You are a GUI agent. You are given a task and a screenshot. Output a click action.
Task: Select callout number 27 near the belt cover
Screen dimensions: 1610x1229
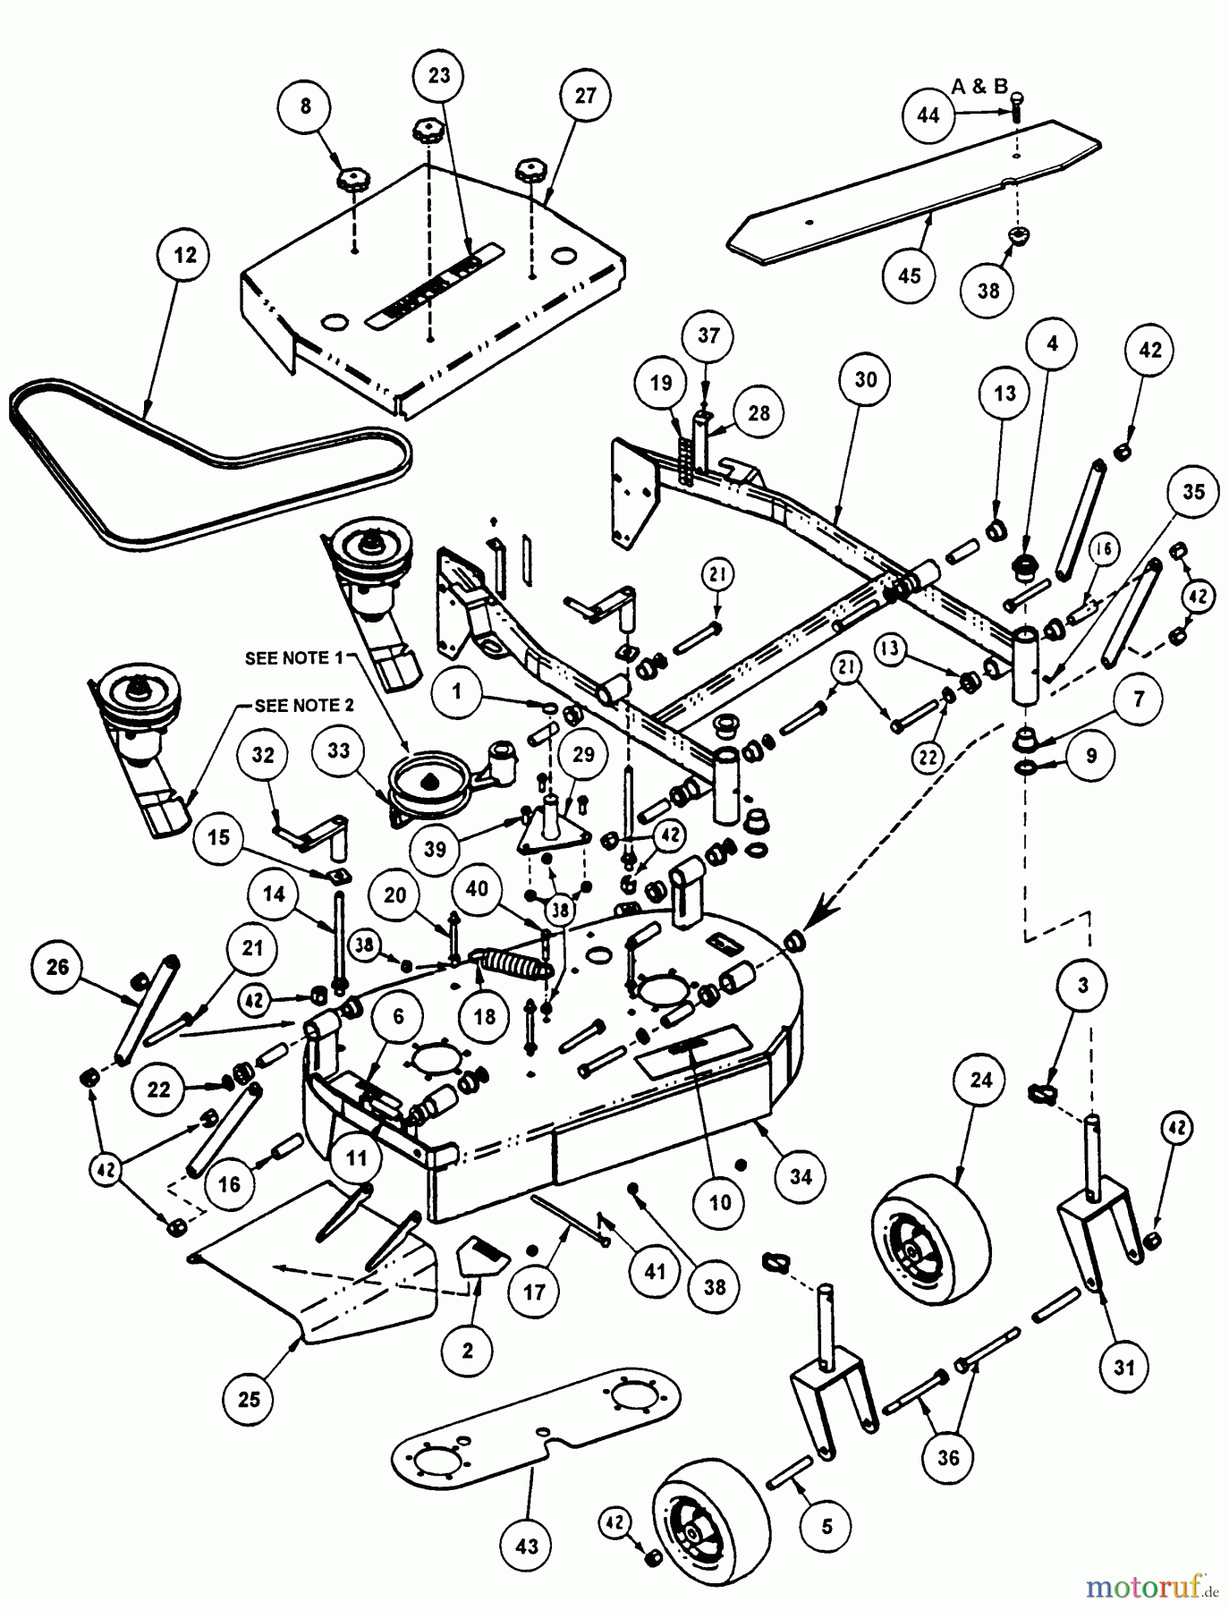click(585, 96)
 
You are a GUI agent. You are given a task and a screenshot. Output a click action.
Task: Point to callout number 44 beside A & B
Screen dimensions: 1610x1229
click(929, 114)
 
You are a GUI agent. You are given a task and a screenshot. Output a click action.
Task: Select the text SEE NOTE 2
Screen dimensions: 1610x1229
click(304, 706)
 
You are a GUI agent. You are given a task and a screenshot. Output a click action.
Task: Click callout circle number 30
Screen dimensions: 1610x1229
click(866, 379)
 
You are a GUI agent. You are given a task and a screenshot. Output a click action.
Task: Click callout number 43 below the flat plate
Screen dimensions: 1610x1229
click(528, 1545)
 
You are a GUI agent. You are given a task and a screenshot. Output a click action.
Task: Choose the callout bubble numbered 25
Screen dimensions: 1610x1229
click(249, 1397)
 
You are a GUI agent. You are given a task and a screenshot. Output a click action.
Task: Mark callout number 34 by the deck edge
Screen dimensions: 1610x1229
click(801, 1177)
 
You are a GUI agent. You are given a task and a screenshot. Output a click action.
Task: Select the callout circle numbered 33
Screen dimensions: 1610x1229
click(338, 750)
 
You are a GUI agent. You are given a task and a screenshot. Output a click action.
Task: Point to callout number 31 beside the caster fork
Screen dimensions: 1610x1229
click(1123, 1368)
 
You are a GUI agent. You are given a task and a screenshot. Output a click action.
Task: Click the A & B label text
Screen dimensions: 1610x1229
click(979, 87)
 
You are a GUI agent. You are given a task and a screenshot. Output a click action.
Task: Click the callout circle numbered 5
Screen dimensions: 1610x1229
click(826, 1525)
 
